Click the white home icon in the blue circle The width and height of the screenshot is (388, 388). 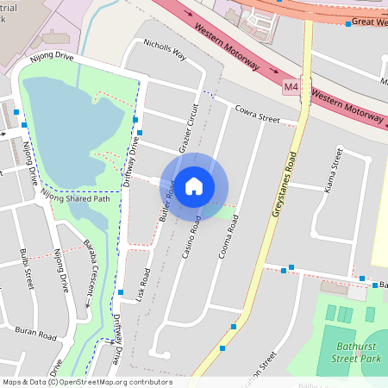[194, 185]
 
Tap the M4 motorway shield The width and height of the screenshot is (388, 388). [291, 86]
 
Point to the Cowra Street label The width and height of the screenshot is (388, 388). [258, 113]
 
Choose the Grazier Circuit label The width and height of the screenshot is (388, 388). [189, 130]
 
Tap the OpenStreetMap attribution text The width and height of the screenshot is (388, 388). [86, 382]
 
